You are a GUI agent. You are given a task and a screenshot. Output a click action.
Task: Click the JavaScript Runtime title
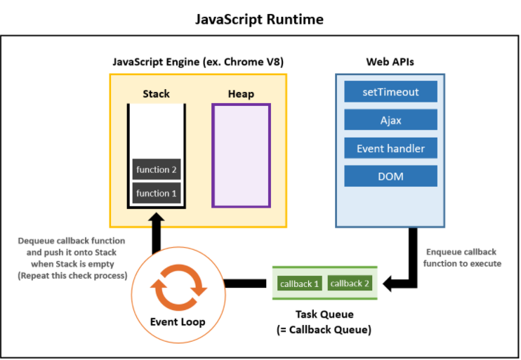(x=259, y=19)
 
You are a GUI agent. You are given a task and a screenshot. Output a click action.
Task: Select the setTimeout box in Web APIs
(x=390, y=92)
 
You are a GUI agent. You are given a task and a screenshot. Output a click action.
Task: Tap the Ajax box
(x=390, y=120)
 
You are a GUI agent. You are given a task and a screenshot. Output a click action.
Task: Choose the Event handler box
(x=390, y=148)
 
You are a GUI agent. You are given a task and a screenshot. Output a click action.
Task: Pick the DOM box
(x=390, y=176)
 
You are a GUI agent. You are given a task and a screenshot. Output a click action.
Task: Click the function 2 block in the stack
(x=156, y=169)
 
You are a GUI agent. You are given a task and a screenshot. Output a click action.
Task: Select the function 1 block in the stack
(x=156, y=193)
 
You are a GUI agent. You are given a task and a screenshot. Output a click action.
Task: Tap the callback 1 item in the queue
(x=299, y=284)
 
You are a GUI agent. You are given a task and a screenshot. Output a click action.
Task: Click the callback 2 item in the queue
(x=350, y=284)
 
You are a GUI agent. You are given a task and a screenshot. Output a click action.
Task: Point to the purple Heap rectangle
(x=242, y=155)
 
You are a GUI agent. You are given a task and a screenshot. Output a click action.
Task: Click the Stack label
(x=156, y=93)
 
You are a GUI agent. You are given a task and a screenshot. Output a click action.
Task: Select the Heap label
(x=242, y=94)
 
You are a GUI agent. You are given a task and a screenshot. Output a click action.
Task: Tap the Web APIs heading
(x=390, y=62)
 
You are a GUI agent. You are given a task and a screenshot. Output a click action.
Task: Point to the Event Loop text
(x=178, y=322)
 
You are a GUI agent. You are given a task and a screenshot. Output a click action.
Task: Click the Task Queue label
(x=324, y=314)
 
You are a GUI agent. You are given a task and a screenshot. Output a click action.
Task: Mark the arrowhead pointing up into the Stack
(x=156, y=217)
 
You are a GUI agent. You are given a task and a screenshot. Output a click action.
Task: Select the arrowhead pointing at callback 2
(x=387, y=284)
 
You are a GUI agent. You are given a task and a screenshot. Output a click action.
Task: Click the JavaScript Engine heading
(x=198, y=62)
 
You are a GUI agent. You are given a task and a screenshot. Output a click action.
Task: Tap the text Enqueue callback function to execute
(x=462, y=258)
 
